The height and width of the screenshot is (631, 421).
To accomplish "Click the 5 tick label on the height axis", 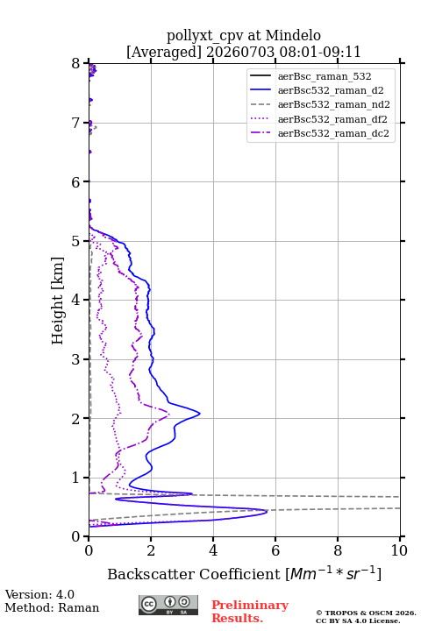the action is [76, 242].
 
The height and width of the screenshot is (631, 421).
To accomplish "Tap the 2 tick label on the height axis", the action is [76, 419].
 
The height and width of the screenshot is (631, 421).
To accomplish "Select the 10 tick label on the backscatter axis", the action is [399, 550].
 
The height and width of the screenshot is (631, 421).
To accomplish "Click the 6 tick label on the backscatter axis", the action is [275, 550].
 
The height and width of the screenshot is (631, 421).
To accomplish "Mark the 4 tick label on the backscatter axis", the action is [213, 550].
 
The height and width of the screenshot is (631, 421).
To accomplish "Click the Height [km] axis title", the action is [58, 301].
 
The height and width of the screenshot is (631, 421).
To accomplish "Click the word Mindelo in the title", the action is [293, 35].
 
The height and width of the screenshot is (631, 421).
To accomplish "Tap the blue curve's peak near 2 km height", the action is [199, 414].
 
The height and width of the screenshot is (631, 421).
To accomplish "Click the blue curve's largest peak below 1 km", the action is [267, 512].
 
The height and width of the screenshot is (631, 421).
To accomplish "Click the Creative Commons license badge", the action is [168, 605].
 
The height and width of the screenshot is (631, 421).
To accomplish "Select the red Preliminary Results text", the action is [250, 612].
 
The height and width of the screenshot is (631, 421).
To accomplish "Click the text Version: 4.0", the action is [39, 594].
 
